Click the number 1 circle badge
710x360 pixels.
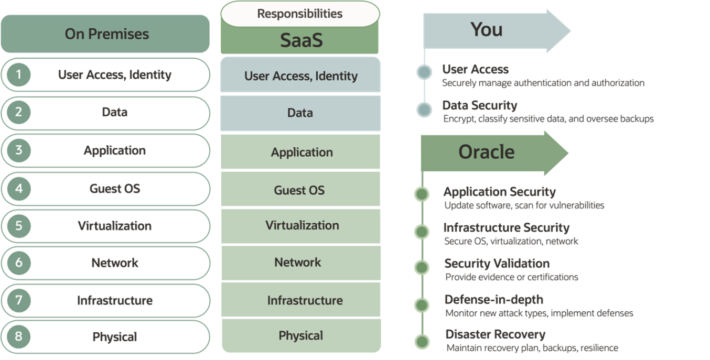[18, 75]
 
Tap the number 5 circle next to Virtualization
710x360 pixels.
[18, 226]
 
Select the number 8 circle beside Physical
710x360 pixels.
[18, 336]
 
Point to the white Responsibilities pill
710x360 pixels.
[299, 14]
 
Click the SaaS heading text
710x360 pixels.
[300, 41]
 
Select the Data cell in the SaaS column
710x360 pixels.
[300, 113]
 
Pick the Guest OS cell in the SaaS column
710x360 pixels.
[300, 190]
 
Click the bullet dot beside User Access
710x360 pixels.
[424, 72]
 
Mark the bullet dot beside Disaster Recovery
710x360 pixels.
[422, 342]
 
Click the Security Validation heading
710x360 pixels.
[497, 264]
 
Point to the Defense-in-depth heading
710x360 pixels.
[493, 300]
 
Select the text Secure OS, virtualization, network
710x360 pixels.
[511, 242]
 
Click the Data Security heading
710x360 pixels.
[479, 105]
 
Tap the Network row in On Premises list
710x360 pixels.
[115, 263]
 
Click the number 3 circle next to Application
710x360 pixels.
[18, 150]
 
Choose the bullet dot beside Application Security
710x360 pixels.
[422, 194]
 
